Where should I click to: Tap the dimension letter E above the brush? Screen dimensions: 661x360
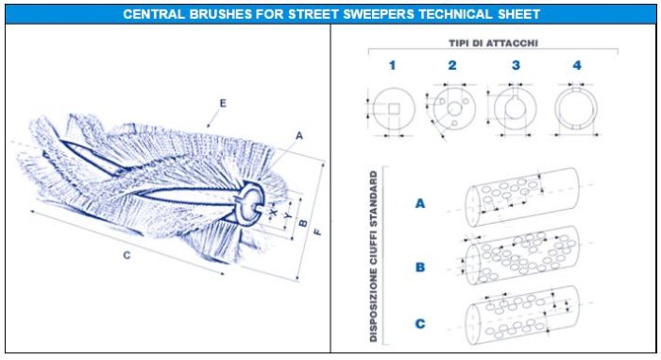223,103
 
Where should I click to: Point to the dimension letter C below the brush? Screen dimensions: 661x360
127,255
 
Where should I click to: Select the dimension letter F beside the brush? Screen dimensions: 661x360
318,231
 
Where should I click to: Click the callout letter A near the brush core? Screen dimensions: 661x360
299,135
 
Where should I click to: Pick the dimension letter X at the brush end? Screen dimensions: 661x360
274,213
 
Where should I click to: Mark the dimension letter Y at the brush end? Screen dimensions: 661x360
288,215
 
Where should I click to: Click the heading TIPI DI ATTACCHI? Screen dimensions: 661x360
493,43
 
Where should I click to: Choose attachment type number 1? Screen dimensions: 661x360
393,65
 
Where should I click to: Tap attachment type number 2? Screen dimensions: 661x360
452,65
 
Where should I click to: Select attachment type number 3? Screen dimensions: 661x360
516,65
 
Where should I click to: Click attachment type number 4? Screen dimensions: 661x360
577,65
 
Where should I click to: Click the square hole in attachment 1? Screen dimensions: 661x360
394,110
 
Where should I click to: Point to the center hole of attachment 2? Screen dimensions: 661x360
455,110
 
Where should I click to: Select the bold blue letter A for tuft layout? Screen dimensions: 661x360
420,203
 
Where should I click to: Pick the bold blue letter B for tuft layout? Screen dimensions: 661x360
420,267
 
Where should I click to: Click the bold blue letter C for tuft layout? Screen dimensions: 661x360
420,324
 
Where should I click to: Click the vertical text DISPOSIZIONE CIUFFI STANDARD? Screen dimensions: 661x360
373,256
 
